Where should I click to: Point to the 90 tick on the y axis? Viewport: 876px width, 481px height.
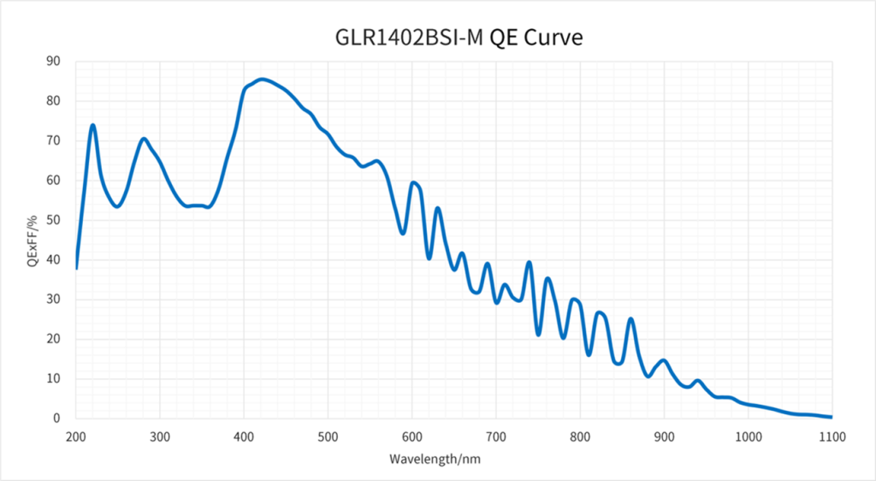pos(54,61)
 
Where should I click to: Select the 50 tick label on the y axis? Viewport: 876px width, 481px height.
pos(54,220)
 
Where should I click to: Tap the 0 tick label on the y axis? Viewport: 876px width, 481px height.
pos(57,419)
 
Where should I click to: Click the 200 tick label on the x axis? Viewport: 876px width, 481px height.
pos(76,436)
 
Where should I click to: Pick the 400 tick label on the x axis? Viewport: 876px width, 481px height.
pos(244,436)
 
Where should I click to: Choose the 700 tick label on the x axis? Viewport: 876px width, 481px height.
pos(496,436)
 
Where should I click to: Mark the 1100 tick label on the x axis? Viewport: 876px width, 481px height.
pos(832,436)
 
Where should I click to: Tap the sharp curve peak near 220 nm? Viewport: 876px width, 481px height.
pos(92,126)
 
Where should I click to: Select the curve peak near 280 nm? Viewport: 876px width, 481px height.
pos(144,139)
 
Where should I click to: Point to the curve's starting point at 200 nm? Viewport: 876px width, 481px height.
pos(76,268)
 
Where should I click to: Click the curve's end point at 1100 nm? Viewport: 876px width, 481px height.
pos(831,417)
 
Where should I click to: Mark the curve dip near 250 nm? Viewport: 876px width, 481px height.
pos(117,206)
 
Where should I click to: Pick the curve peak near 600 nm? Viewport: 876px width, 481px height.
pos(413,182)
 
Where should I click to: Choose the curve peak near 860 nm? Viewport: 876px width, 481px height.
pos(630,319)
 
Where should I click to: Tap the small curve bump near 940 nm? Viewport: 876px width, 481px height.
pos(697,381)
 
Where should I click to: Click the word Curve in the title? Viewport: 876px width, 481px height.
pos(555,38)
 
